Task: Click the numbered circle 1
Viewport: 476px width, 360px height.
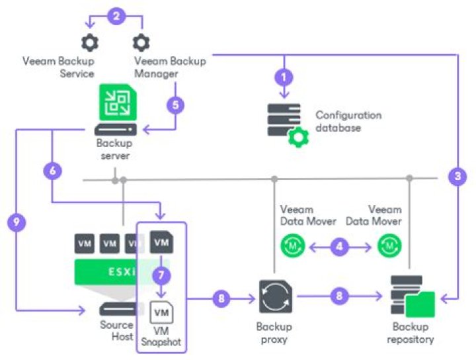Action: point(284,77)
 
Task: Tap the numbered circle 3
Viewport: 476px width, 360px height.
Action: point(457,177)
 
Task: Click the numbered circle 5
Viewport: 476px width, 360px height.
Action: point(175,104)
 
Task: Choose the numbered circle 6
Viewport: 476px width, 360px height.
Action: point(52,171)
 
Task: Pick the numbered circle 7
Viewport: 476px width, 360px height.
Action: point(163,273)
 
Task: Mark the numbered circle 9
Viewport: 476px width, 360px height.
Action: point(19,223)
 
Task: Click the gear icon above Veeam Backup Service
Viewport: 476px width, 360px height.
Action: point(89,43)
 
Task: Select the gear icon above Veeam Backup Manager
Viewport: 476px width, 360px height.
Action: point(141,43)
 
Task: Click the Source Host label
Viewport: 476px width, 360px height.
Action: point(116,331)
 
